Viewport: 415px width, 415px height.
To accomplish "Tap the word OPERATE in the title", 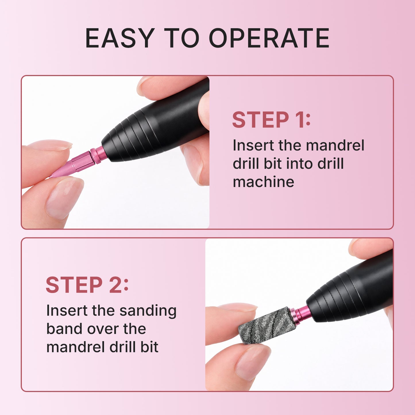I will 269,38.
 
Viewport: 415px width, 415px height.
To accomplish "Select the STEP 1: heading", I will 271,120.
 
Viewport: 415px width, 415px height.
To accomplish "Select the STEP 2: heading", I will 87,285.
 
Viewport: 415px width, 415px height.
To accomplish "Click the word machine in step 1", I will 263,182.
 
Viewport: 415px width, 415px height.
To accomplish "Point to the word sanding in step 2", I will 148,311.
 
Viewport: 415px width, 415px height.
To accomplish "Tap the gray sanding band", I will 266,325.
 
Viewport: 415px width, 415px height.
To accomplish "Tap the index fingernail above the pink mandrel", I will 52,145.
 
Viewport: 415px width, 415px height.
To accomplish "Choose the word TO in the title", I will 182,38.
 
